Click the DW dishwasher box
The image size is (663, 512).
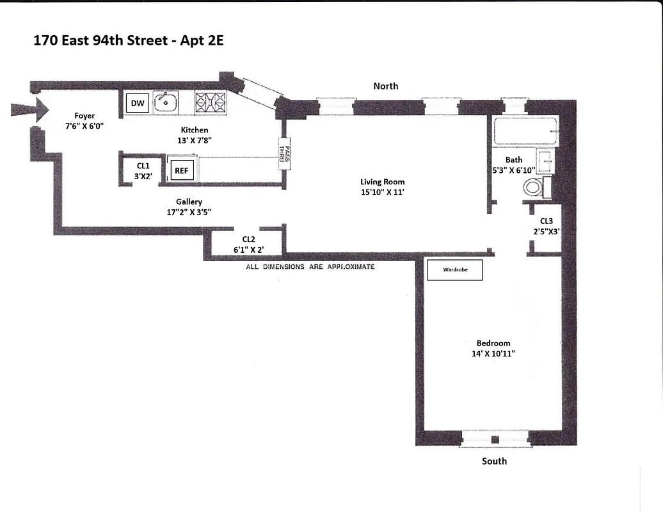coord(137,103)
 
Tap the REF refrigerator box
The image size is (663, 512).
coord(181,171)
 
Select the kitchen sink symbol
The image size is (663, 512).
coord(166,102)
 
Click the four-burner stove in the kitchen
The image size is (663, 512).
coord(211,102)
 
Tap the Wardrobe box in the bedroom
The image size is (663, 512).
coord(455,270)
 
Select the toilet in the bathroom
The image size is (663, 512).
coord(534,188)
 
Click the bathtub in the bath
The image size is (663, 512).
coord(525,132)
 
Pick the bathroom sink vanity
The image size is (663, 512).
coord(546,163)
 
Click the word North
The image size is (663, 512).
coord(385,86)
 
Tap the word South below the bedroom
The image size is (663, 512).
coord(494,461)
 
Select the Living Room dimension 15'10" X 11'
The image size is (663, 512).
coord(382,191)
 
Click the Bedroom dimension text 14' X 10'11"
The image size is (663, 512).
coord(493,353)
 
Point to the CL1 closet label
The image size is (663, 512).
coord(143,165)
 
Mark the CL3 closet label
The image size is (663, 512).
coord(546,221)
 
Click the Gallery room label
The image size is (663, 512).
coord(189,202)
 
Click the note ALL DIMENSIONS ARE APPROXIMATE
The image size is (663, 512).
coord(310,267)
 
